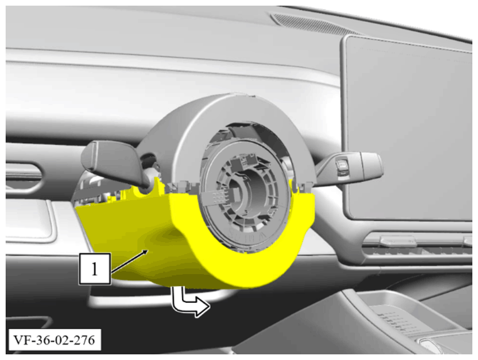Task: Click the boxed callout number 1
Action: click(95, 269)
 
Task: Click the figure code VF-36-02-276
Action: click(55, 340)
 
